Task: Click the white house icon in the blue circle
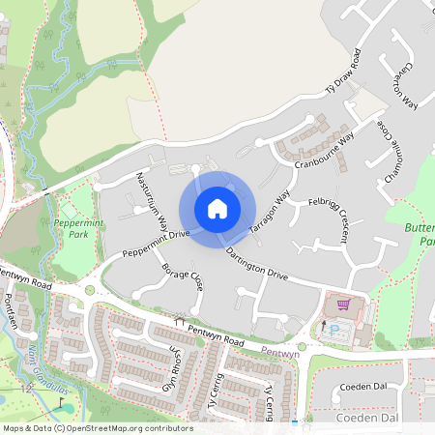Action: point(217,209)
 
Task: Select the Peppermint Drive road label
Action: point(155,244)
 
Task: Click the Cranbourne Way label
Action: point(325,150)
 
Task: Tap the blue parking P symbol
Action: point(335,331)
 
